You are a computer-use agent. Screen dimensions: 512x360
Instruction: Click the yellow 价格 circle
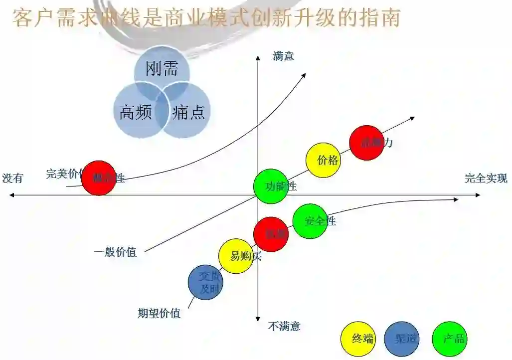click(323, 160)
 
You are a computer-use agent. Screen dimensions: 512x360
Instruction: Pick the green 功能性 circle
click(271, 186)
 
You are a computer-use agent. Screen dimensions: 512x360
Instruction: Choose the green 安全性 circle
click(310, 221)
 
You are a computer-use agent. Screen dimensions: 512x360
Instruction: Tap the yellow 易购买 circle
click(236, 256)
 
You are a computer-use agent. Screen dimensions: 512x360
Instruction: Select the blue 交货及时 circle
click(205, 282)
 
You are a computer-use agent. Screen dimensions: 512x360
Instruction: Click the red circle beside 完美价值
click(99, 178)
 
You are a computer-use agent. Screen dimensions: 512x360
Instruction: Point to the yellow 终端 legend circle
click(358, 339)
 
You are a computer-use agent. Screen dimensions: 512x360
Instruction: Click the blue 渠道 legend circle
click(402, 339)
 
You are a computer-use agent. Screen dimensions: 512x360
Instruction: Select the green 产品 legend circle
click(450, 339)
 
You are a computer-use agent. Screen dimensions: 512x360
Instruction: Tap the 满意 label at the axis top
click(283, 56)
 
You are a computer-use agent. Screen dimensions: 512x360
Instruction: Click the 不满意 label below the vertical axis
click(284, 327)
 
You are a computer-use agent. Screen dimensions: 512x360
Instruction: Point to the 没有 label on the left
click(12, 178)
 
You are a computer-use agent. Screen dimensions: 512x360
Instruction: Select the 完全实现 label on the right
click(486, 178)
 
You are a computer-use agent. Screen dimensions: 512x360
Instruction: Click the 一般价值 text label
click(115, 252)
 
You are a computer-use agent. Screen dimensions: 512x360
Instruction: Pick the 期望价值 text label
click(159, 314)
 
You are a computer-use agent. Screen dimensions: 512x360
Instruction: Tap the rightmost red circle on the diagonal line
click(366, 143)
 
